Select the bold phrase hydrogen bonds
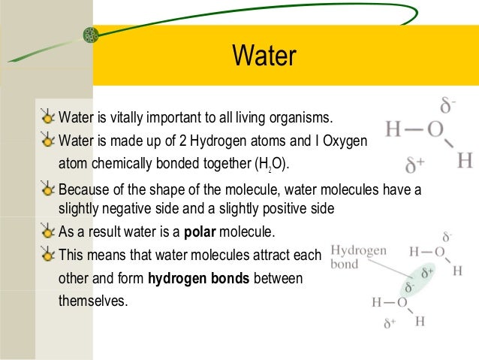click(199, 280)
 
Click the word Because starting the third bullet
click(85, 189)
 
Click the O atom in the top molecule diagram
click(435, 129)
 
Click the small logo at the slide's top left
click(92, 35)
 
